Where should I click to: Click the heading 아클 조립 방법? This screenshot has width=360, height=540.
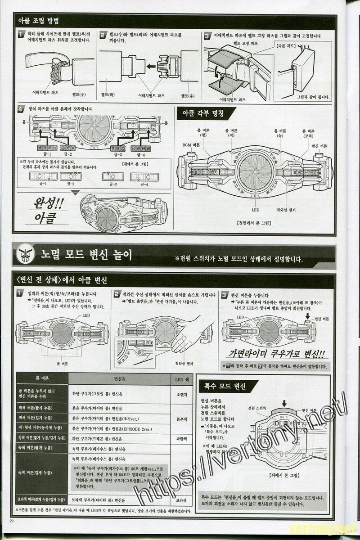click(38, 21)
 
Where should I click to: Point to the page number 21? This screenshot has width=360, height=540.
click(12, 521)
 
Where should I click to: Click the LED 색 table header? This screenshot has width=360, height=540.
click(181, 379)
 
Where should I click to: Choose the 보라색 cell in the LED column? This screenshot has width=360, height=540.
click(181, 499)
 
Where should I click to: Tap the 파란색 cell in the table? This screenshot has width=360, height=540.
click(181, 438)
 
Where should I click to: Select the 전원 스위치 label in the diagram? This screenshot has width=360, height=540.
click(257, 408)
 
